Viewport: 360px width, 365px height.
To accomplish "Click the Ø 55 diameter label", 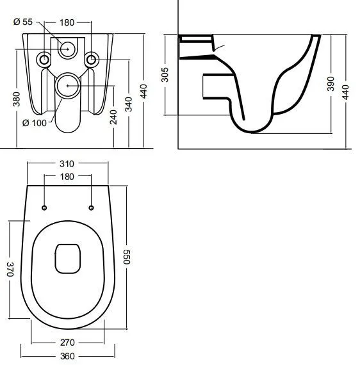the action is tap(23, 22).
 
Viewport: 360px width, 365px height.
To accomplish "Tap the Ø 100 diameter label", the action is tap(35, 123).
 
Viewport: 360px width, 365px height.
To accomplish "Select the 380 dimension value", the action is tap(16, 99).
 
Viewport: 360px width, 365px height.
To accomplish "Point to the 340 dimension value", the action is tap(129, 104).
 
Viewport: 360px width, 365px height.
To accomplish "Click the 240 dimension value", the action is tap(113, 117).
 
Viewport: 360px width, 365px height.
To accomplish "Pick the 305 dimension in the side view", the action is tap(165, 75).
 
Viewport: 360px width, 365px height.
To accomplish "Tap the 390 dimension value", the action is tap(331, 84).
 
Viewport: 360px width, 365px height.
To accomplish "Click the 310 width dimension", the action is tap(67, 164).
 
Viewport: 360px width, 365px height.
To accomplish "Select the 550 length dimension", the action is tap(127, 257).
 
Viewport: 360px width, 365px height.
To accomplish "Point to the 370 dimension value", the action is tap(10, 270).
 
